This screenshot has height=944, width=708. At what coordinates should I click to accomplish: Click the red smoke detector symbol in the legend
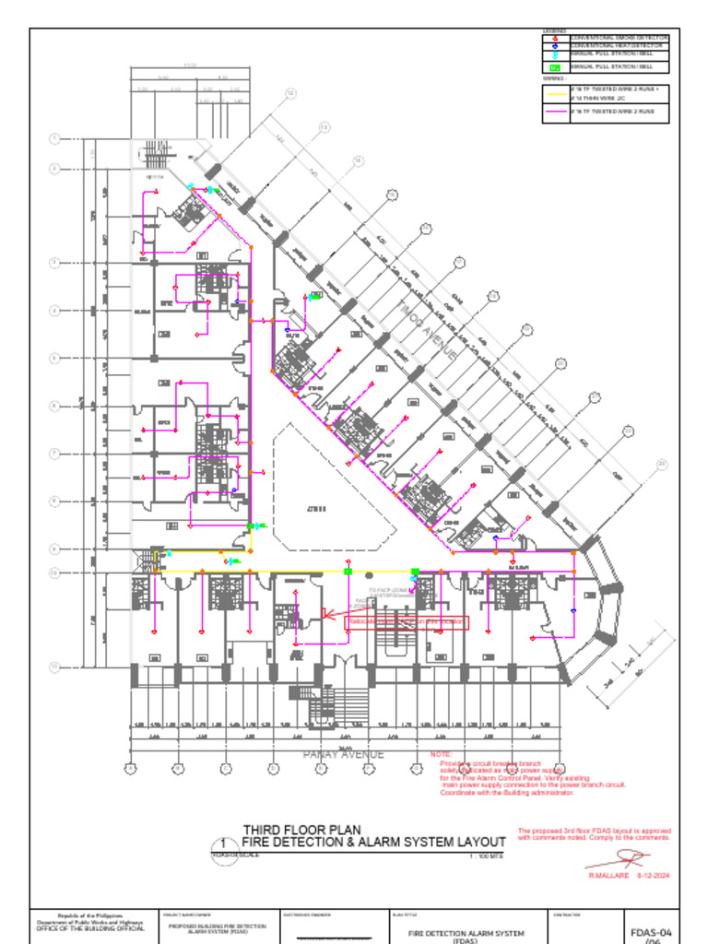[555, 38]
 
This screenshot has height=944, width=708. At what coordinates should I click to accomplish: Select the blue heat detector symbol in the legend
[555, 46]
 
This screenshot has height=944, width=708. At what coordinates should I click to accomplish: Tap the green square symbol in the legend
[555, 67]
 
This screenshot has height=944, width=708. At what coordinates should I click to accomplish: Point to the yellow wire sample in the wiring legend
[555, 94]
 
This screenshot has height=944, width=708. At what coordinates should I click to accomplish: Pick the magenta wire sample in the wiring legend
[555, 112]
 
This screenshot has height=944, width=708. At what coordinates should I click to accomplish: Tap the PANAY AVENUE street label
[344, 754]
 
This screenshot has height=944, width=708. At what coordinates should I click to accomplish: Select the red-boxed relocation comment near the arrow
[407, 622]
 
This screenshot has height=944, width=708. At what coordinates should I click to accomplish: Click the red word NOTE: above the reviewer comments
[441, 754]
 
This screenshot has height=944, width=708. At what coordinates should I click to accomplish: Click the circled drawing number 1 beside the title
[221, 843]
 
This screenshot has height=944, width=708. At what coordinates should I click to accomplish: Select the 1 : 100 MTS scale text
[487, 856]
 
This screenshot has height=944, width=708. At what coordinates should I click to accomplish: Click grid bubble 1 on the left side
[53, 139]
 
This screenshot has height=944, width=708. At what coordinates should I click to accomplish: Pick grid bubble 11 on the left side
[53, 666]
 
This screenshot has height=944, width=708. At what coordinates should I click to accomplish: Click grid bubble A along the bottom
[130, 769]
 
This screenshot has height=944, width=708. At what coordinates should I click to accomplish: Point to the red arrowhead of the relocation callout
[324, 615]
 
